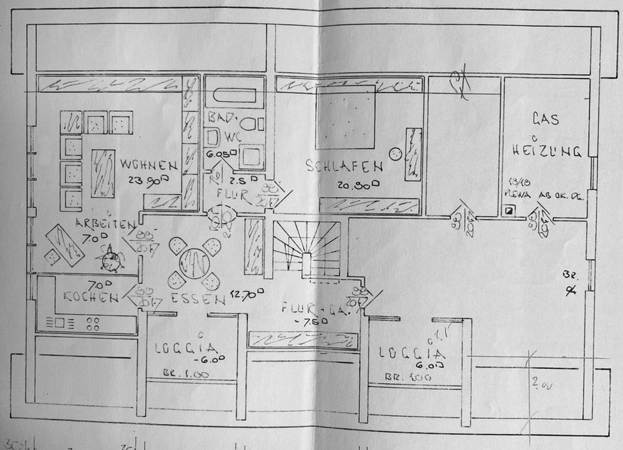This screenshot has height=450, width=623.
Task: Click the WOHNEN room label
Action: coord(148,165)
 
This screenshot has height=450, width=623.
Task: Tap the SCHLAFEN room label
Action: coord(344,166)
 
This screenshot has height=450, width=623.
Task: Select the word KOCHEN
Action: coord(91,298)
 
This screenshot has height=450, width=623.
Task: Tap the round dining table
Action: coord(193,263)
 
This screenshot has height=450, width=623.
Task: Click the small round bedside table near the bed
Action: coord(395,154)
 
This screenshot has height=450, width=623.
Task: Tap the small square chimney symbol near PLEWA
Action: coord(509,210)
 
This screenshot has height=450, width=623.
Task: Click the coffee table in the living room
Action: coord(103,172)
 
